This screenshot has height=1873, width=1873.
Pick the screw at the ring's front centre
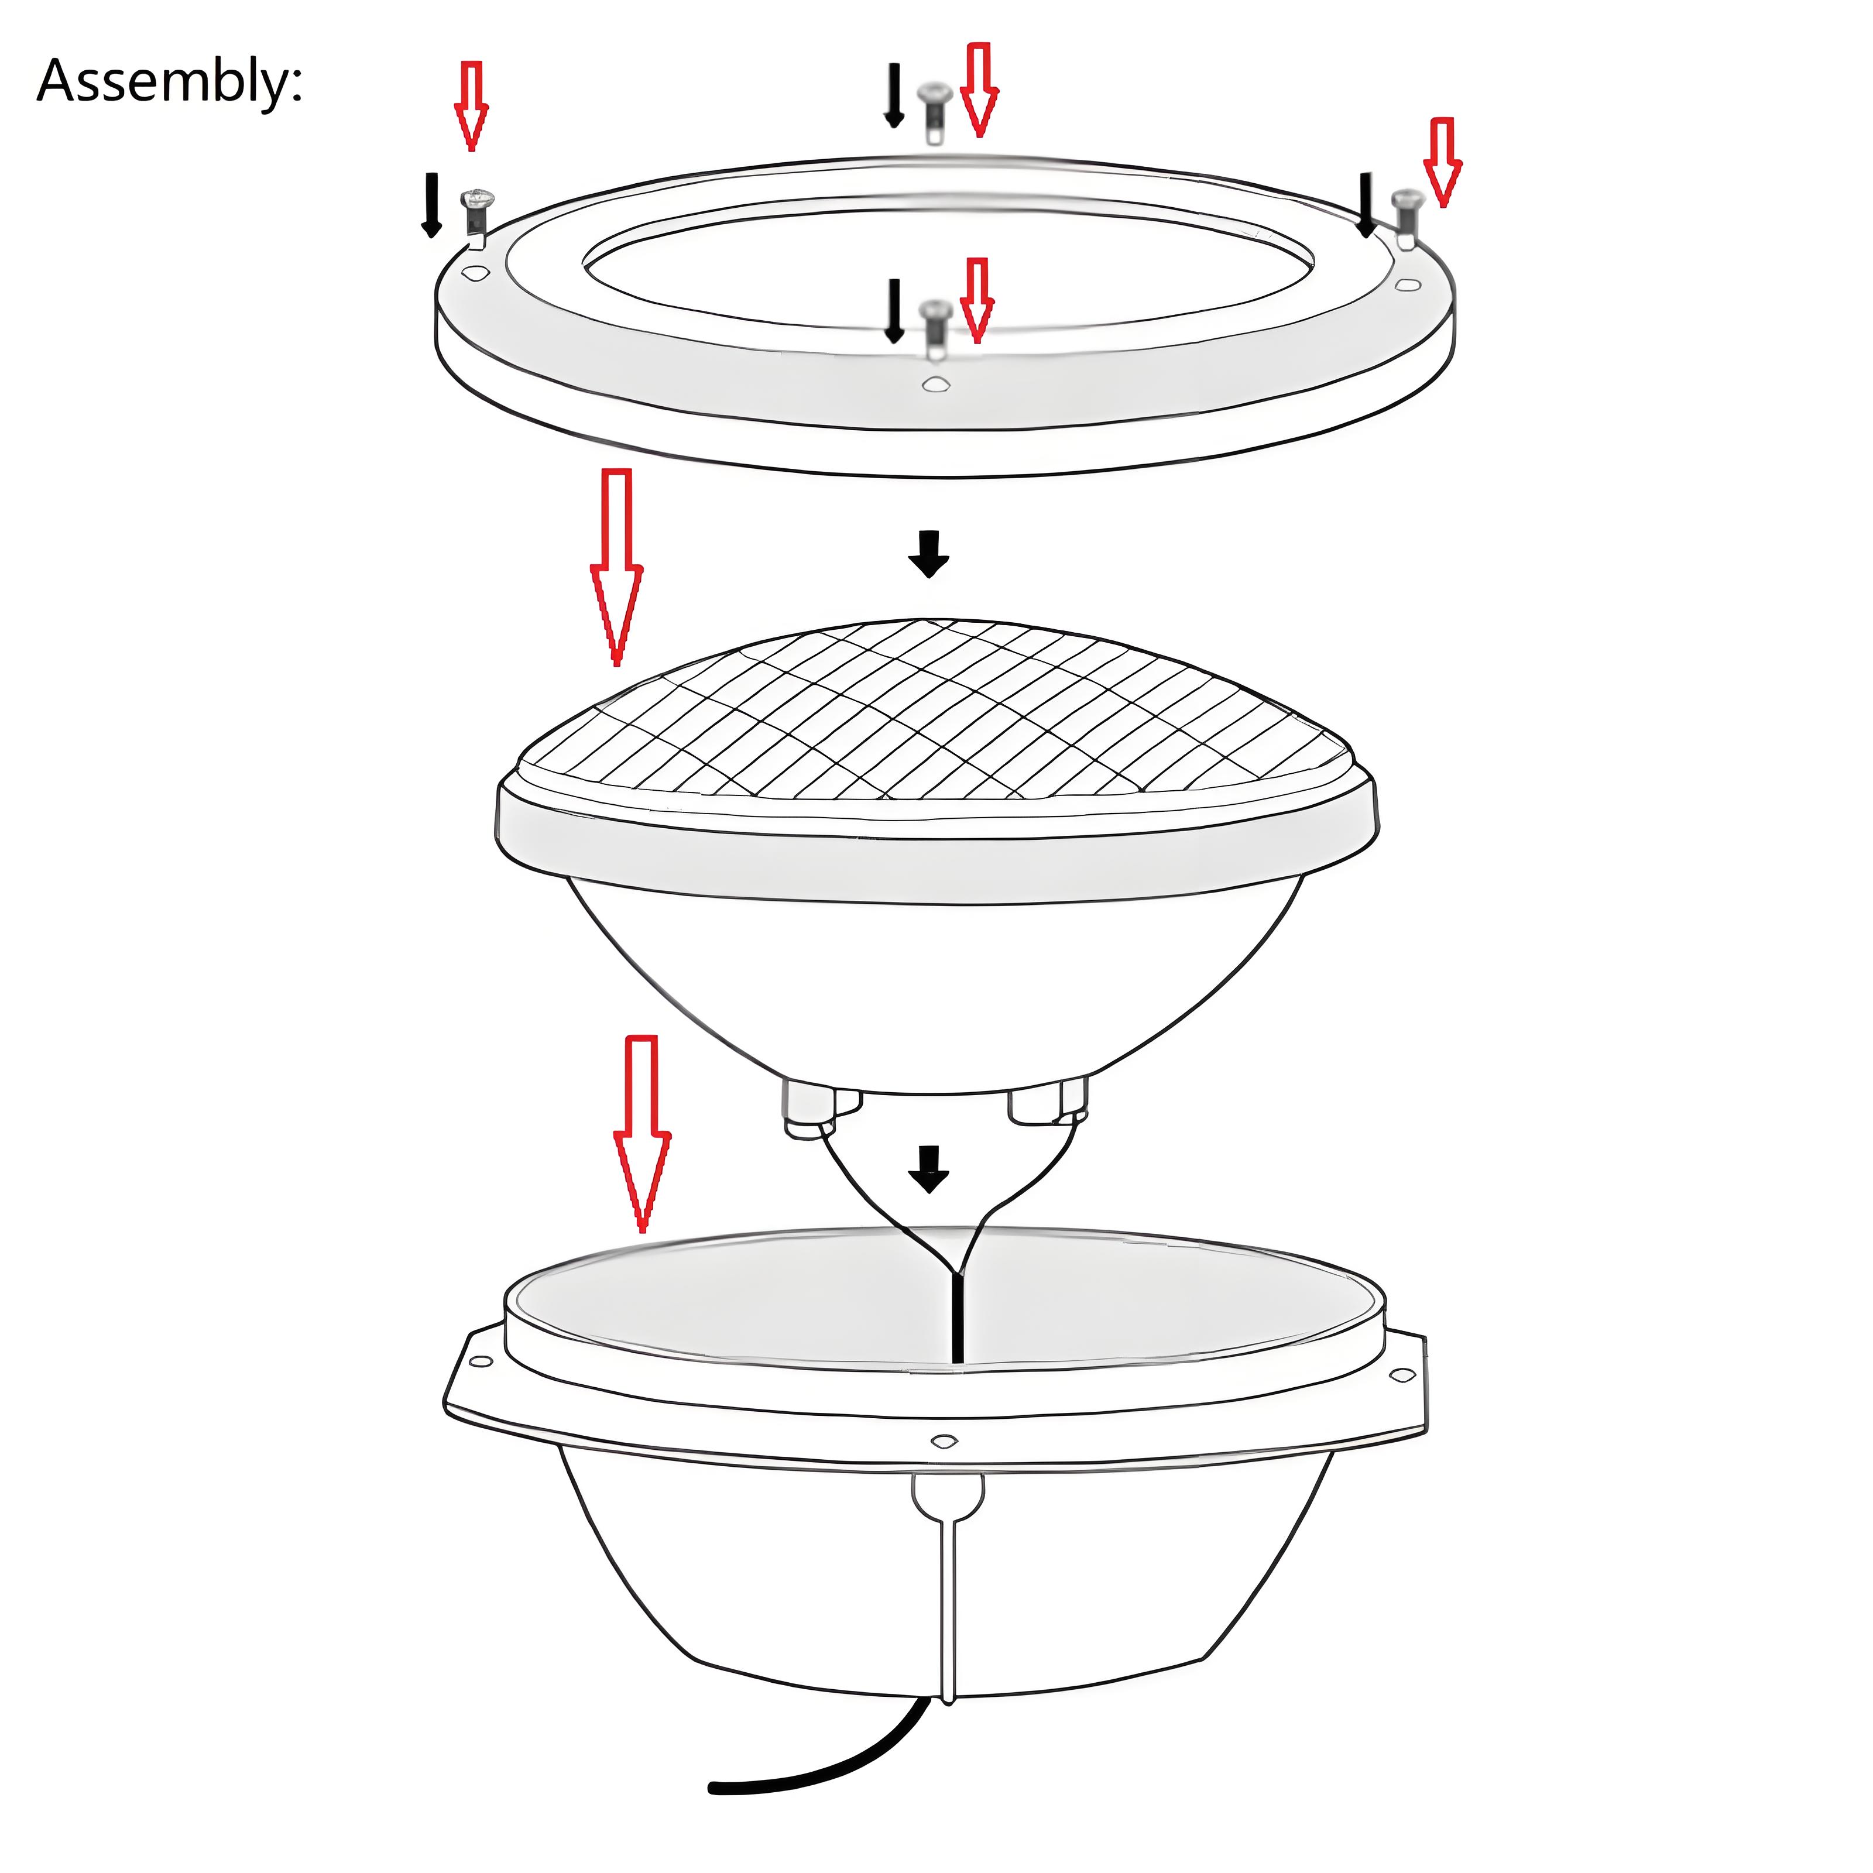coord(935,328)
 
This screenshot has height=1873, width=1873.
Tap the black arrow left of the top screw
coord(894,96)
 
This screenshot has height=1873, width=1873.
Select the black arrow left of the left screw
coord(431,204)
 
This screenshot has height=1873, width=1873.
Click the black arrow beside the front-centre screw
coord(894,310)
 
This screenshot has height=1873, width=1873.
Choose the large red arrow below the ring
coord(616,567)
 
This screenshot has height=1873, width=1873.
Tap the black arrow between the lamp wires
coord(929,1169)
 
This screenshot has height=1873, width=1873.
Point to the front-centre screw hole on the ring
coord(935,385)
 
